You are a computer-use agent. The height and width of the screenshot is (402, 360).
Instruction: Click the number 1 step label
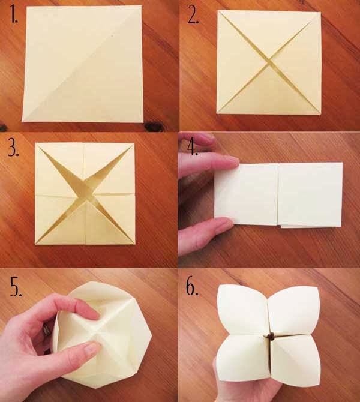14,14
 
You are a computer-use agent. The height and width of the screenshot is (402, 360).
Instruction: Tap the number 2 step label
193,16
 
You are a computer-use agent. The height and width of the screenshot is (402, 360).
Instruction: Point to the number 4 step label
193,148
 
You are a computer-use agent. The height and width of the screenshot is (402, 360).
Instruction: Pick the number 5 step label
16,287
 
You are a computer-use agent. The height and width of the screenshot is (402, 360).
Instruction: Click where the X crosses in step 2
269,62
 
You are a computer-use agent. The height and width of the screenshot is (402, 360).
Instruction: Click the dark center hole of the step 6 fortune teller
270,337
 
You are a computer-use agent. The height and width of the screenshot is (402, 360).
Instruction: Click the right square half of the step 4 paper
311,194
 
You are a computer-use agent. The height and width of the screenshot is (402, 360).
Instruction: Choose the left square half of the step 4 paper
246,195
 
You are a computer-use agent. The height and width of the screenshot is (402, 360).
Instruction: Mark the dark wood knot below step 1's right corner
152,126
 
